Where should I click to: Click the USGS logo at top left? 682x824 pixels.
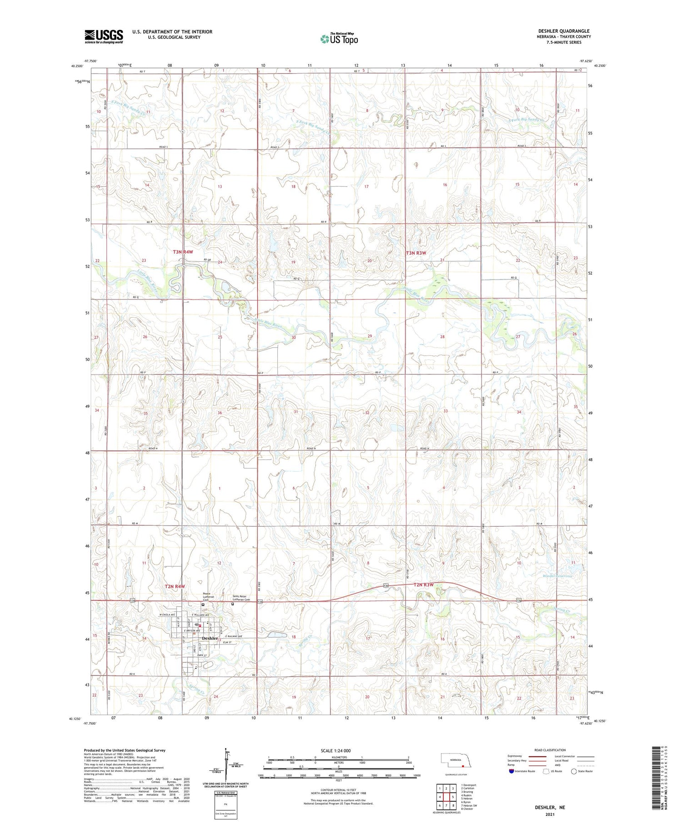(x=104, y=36)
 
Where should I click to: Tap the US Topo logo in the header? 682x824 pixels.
(x=339, y=39)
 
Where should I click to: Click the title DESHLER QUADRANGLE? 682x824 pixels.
(x=563, y=31)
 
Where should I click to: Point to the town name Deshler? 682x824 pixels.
(x=210, y=638)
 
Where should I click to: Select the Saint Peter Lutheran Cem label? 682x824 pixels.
(x=241, y=598)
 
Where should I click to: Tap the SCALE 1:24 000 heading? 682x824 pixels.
(x=336, y=750)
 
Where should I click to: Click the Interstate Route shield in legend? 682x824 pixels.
(x=511, y=771)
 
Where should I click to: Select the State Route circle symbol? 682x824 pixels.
(x=574, y=771)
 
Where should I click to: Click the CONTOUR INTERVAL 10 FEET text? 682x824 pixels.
(x=338, y=790)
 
